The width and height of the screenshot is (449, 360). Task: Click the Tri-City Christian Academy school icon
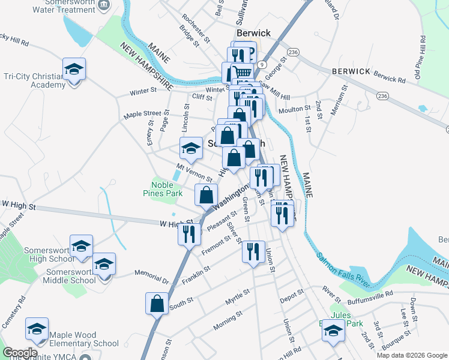coord(74,69)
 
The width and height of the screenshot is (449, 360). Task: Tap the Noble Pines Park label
coord(162,190)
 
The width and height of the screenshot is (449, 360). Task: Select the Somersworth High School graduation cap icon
coord(81,246)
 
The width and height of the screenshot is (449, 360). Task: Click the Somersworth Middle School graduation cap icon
coord(104,264)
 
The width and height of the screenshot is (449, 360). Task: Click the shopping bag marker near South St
coord(157,303)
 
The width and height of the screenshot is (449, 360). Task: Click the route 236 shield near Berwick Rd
coord(382,95)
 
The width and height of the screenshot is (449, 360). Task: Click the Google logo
coord(20,353)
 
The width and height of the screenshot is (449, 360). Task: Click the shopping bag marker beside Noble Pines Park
coord(206,194)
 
